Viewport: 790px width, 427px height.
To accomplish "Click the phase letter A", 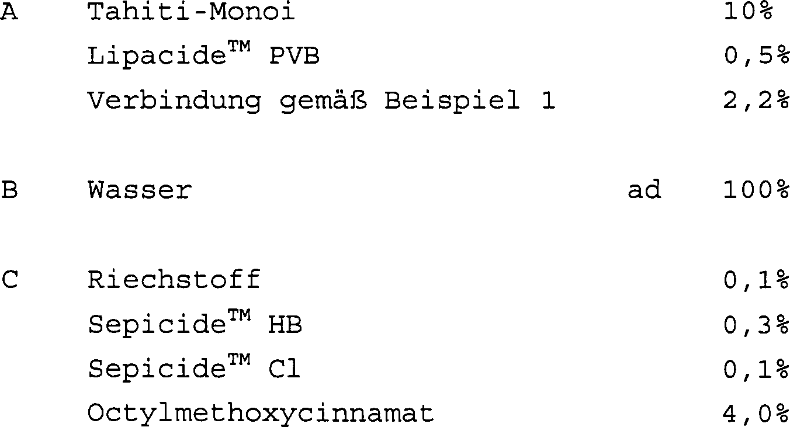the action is [x=9, y=12].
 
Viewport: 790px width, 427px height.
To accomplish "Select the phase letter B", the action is [x=9, y=190].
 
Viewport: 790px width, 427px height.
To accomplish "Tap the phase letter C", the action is [x=10, y=280].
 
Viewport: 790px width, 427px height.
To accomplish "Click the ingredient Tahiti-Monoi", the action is [x=191, y=11].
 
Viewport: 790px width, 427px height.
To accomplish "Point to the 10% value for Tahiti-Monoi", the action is [x=748, y=11].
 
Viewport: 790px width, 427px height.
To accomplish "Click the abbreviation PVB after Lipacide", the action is [x=294, y=55].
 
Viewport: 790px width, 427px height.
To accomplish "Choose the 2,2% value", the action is [x=756, y=101].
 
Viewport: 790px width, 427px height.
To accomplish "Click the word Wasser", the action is [x=140, y=190].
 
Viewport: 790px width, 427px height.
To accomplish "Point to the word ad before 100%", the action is [x=645, y=189].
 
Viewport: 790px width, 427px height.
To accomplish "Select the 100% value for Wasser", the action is [x=756, y=190].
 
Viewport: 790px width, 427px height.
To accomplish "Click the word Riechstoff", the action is [x=174, y=280].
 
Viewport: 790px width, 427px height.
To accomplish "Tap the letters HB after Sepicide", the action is [x=285, y=325].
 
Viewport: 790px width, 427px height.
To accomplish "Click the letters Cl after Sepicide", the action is [x=284, y=369].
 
